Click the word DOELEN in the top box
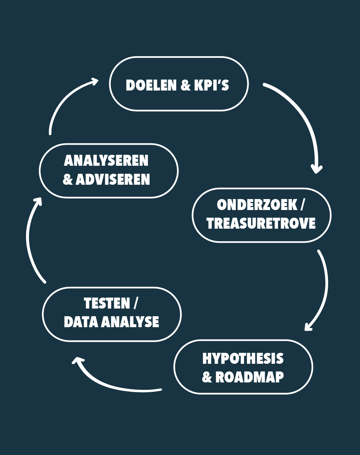151,85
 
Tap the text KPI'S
211,85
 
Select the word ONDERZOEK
257,205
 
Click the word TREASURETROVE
261,223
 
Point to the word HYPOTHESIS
243,358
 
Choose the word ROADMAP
249,377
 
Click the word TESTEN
107,303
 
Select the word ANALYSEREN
106,161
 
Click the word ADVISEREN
113,179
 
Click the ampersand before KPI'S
185,86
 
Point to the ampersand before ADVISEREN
68,180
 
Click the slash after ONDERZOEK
302,205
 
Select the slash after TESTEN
135,303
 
